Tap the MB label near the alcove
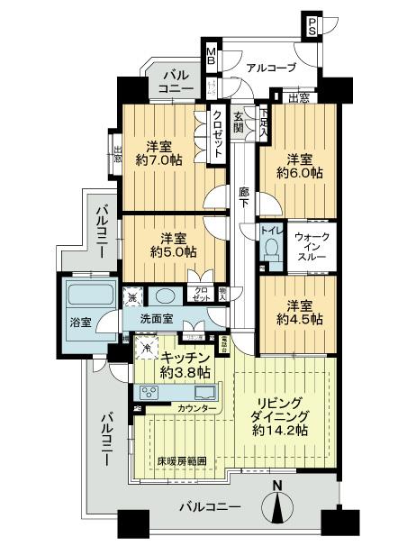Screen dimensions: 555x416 point(210,57)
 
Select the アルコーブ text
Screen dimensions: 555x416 point(269,66)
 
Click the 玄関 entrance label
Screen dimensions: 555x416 point(239,122)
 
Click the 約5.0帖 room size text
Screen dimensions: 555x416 point(173,252)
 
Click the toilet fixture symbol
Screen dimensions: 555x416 point(269,252)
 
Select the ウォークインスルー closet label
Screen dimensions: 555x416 point(312,244)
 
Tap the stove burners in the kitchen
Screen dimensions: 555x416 point(149,393)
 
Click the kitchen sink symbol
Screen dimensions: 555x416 point(203,393)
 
